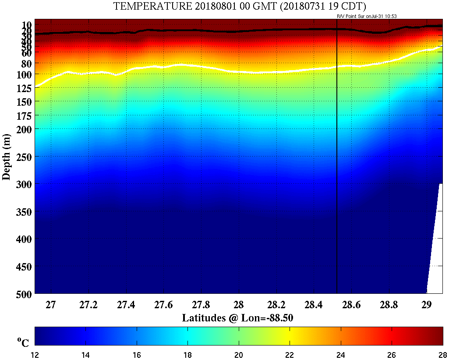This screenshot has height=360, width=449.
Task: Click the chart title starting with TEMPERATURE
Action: click(x=240, y=6)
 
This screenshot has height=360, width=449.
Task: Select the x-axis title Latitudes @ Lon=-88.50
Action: click(x=237, y=318)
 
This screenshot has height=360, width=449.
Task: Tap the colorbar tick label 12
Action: click(x=35, y=354)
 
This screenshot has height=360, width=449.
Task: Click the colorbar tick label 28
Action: click(x=442, y=354)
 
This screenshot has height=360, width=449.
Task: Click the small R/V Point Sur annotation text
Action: click(x=366, y=16)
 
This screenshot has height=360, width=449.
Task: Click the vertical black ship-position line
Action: click(x=336, y=175)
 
